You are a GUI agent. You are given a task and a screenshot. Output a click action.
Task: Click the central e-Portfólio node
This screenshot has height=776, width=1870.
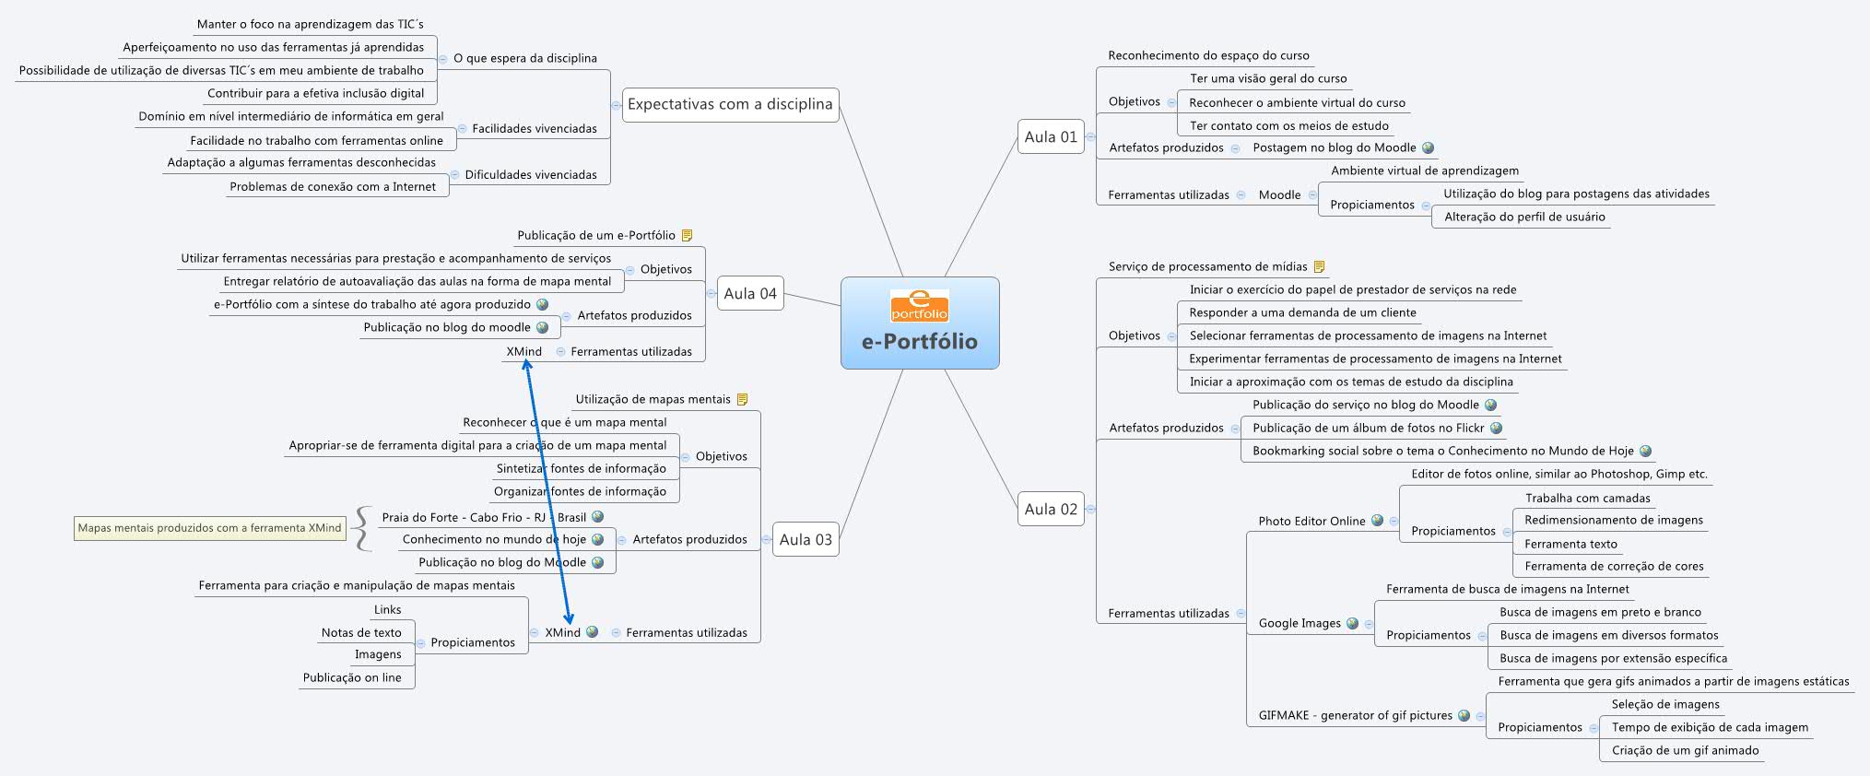pyautogui.click(x=919, y=340)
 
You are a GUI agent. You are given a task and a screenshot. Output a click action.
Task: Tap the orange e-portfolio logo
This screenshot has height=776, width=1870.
pyautogui.click(x=919, y=305)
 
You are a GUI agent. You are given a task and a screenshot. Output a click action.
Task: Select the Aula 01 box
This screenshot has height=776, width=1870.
pyautogui.click(x=1050, y=136)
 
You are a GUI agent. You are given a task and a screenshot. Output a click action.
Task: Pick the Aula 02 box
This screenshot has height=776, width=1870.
pyautogui.click(x=1050, y=509)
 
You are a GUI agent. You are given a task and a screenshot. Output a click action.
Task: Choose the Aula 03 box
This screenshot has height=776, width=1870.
pyautogui.click(x=805, y=539)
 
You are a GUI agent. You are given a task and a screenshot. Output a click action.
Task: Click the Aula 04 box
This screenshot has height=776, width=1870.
pyautogui.click(x=749, y=293)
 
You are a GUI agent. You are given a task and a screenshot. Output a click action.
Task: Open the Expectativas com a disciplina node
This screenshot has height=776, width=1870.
pyautogui.click(x=729, y=104)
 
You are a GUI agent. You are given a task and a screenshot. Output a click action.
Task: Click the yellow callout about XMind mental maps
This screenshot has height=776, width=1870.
pyautogui.click(x=209, y=528)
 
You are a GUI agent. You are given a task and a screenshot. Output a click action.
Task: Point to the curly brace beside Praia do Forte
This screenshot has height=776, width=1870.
pyautogui.click(x=363, y=528)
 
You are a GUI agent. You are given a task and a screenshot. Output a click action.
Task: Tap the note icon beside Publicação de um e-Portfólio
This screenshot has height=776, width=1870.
pyautogui.click(x=687, y=235)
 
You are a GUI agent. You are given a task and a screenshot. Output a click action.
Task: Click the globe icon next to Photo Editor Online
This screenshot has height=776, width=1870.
pyautogui.click(x=1377, y=520)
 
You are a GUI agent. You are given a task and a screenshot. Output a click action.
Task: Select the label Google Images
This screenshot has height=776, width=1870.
pyautogui.click(x=1300, y=623)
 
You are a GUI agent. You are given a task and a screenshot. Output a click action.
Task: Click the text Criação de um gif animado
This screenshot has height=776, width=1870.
pyautogui.click(x=1685, y=750)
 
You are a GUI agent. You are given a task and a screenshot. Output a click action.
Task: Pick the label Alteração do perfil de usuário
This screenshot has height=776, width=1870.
pyautogui.click(x=1524, y=217)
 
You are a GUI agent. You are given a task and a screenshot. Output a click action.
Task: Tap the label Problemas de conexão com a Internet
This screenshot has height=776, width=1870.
pyautogui.click(x=333, y=186)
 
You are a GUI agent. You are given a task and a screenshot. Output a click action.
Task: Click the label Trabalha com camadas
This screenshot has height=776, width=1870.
pyautogui.click(x=1587, y=498)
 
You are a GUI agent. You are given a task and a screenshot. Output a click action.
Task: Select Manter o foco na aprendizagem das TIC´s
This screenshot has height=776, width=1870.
pyautogui.click(x=310, y=24)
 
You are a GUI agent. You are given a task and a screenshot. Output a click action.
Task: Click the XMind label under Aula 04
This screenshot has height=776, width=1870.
pyautogui.click(x=523, y=351)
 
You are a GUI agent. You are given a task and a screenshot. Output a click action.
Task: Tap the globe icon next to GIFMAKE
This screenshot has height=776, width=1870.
pyautogui.click(x=1464, y=715)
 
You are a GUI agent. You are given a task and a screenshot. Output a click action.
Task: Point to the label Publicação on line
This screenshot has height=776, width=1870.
pyautogui.click(x=352, y=677)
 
